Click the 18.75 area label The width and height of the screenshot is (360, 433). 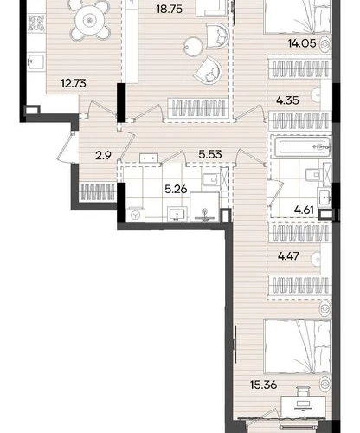coord(170,10)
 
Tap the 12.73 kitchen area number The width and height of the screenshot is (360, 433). coord(74,83)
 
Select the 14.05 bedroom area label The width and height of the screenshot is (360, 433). coord(302,43)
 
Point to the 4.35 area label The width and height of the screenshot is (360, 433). coord(287,100)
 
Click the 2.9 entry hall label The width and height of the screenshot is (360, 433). coord(103,156)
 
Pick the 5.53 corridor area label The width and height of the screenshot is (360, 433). coord(210,154)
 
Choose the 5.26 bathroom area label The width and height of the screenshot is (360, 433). coord(176,190)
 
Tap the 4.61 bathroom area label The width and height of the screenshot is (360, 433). coord(304,210)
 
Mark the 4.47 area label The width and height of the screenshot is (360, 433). coord(288,256)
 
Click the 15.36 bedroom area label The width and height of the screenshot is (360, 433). coord(264,385)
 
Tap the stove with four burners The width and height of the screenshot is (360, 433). coord(36,23)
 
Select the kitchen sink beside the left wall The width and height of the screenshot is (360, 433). coord(36,61)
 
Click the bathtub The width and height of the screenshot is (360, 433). coord(301,147)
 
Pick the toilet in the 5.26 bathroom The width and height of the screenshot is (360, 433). coord(211,180)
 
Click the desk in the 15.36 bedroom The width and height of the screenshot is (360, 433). coord(304,404)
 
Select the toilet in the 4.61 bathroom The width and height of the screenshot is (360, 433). coord(314,174)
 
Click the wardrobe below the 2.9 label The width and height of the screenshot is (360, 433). coord(98,191)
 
